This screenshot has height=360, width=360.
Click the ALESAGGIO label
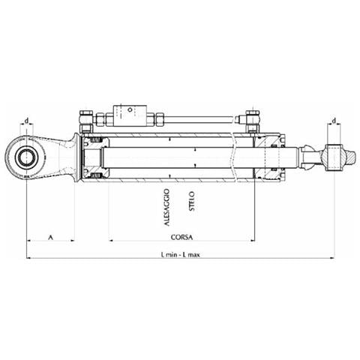167,208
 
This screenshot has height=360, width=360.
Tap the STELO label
192,201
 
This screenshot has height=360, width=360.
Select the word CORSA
181,237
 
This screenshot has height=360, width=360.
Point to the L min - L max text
181,255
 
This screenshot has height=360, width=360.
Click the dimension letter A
50,237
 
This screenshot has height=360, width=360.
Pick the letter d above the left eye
26,121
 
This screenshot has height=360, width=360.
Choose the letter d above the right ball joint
334,121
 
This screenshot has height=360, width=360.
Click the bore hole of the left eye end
26,157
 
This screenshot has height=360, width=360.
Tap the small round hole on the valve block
130,109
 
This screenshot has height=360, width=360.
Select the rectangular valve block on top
130,115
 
